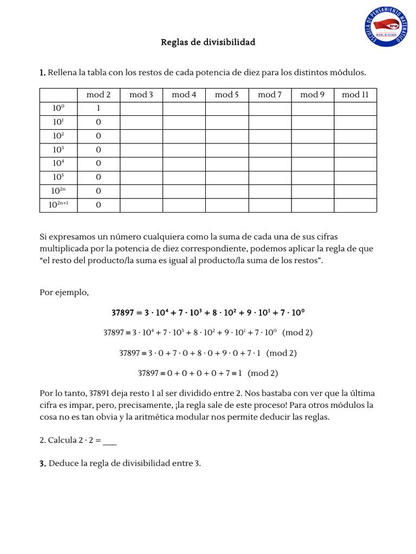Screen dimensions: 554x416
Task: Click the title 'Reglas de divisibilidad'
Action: tap(207, 42)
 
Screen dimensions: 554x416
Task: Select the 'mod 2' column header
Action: tap(98, 95)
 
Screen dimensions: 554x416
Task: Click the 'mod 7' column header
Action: tap(270, 95)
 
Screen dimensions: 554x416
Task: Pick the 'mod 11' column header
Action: tap(355, 95)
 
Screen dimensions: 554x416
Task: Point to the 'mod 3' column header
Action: tap(141, 95)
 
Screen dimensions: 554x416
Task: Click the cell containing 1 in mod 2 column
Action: tap(98, 109)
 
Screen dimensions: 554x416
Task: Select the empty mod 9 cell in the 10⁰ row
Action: tap(313, 109)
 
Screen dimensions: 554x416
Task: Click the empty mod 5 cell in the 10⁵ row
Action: tap(227, 177)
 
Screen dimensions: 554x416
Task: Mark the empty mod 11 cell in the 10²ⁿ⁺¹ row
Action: tap(355, 205)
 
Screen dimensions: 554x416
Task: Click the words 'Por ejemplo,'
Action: tap(64, 293)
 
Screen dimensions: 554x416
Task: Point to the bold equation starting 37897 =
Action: tap(208, 313)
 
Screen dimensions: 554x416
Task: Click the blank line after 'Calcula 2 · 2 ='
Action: tap(109, 441)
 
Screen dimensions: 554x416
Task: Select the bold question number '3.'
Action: tap(43, 463)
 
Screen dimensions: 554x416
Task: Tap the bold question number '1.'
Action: tap(43, 72)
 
